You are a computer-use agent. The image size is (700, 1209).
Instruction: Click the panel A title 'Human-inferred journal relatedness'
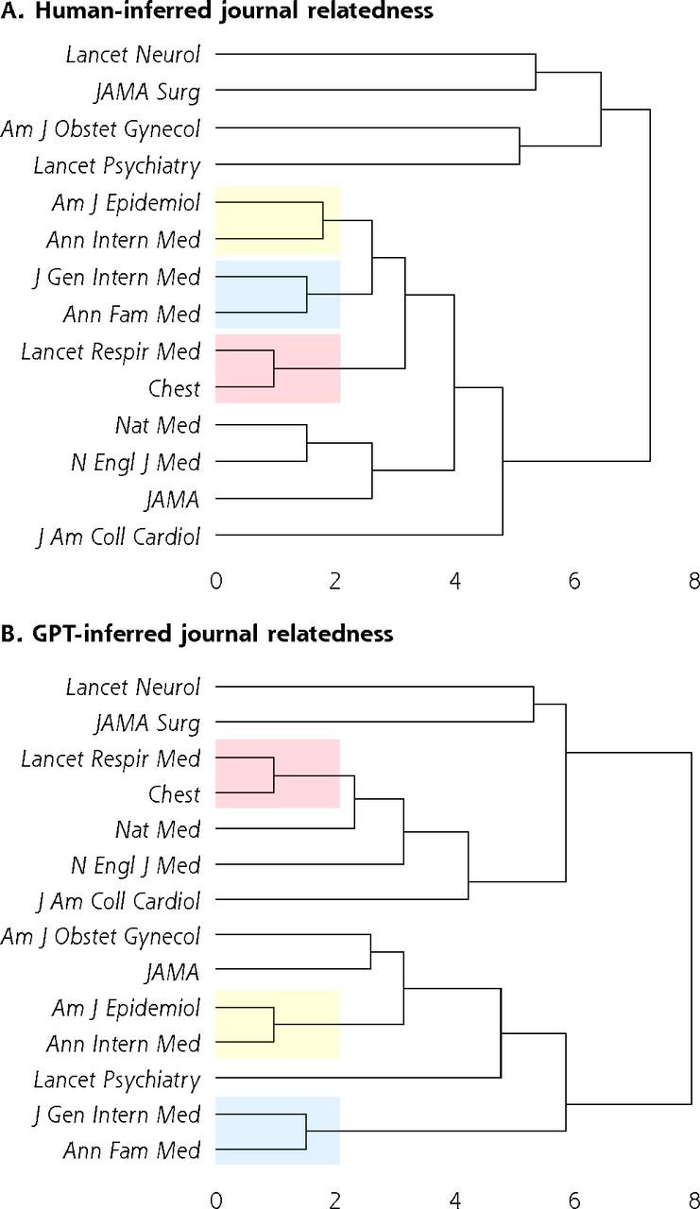[233, 11]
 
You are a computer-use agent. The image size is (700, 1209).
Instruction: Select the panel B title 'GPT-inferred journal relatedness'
[213, 633]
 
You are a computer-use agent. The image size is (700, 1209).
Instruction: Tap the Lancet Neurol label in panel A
[133, 55]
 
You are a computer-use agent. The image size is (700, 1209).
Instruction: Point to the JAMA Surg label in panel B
[147, 724]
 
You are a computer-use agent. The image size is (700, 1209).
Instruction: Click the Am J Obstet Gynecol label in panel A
[100, 129]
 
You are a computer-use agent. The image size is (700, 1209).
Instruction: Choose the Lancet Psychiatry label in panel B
[116, 1080]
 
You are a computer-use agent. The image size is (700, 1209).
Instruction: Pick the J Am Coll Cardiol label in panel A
[118, 537]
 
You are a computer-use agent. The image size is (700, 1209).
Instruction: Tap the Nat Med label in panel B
[158, 829]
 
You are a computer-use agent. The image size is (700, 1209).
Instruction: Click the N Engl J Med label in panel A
[135, 463]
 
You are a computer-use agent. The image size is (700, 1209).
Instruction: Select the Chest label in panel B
[175, 794]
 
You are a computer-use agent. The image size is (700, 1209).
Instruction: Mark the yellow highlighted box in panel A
[278, 220]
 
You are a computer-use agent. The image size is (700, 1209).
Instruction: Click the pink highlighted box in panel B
[278, 774]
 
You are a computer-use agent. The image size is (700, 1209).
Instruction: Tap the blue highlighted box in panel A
[278, 295]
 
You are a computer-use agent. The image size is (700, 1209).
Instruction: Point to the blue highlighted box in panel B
[278, 1131]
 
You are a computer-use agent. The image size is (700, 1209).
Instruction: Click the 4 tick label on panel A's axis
[455, 581]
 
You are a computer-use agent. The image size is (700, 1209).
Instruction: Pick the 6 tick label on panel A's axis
[574, 581]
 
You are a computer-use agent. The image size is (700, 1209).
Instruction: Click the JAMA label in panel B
[172, 973]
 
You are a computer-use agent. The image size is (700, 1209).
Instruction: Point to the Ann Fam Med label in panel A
[131, 315]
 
